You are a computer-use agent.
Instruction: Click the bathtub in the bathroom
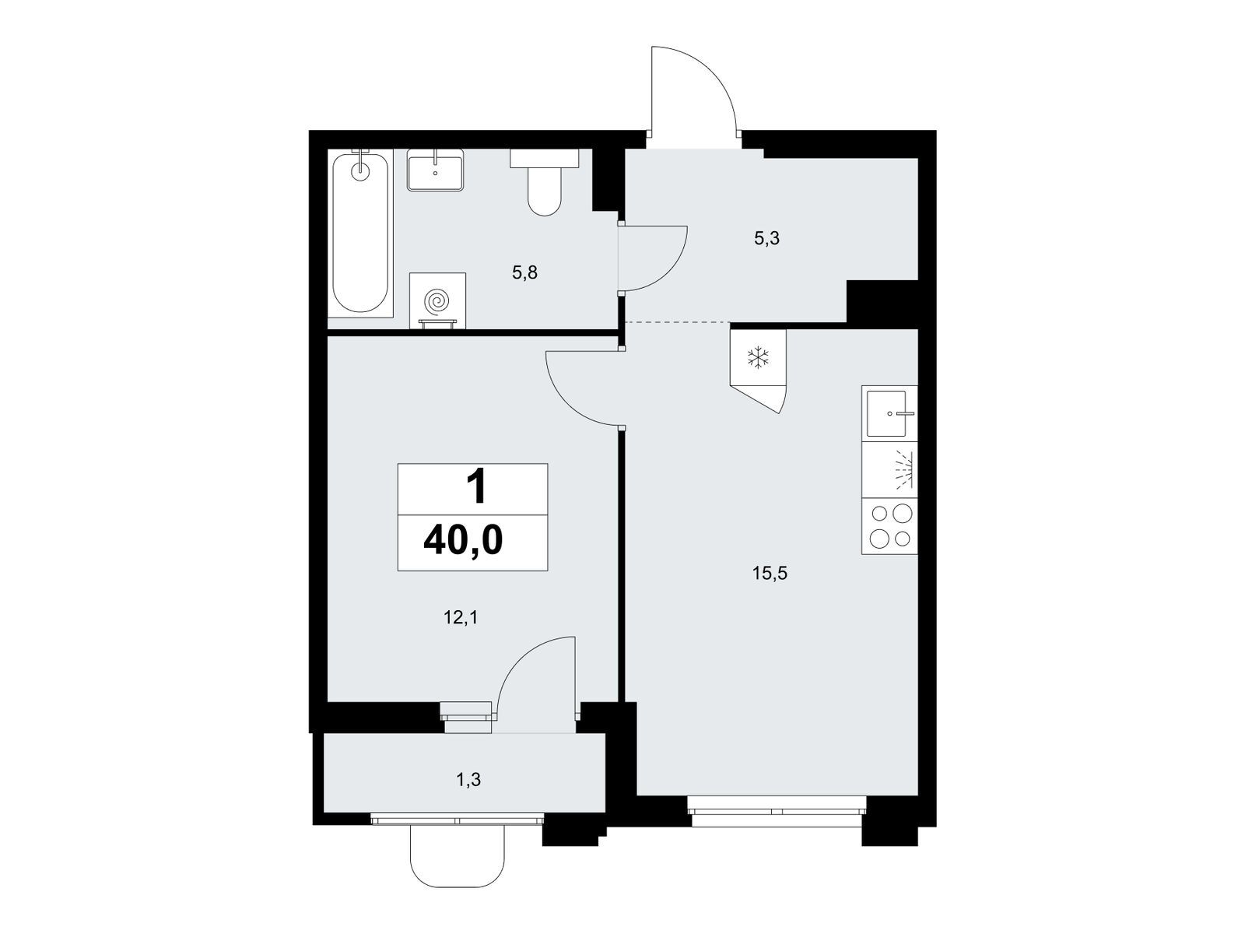click(x=360, y=233)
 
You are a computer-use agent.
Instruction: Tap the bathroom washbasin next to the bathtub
click(x=435, y=170)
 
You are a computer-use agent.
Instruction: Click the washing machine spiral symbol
click(x=437, y=301)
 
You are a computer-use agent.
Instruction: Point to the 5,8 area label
click(x=524, y=272)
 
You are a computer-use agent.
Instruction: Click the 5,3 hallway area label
click(x=767, y=239)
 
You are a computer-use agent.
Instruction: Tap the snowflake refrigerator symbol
click(x=759, y=358)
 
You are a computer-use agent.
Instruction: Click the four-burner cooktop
click(x=889, y=525)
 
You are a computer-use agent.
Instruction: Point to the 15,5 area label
click(x=770, y=574)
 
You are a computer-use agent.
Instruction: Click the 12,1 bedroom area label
click(x=461, y=617)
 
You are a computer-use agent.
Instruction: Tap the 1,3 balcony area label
click(x=468, y=780)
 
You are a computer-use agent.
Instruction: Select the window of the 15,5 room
click(x=777, y=812)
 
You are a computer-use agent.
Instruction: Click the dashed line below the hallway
click(x=677, y=322)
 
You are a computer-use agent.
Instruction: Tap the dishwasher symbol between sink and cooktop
click(x=889, y=469)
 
